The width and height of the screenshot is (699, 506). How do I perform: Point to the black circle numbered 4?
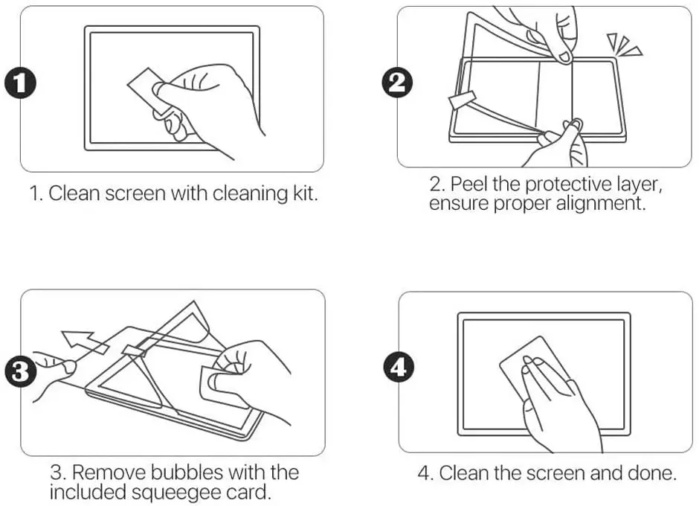click(398, 367)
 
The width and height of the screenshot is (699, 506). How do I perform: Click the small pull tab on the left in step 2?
click(460, 101)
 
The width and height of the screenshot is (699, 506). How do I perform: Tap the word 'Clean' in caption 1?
click(71, 194)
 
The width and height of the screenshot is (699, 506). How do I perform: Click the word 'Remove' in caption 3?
click(106, 473)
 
